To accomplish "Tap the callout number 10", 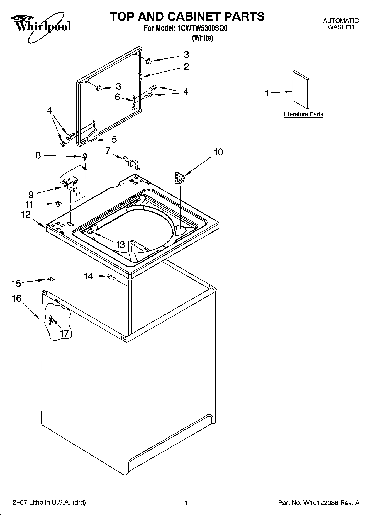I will pyautogui.click(x=218, y=152).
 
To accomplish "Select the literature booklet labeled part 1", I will pyautogui.click(x=301, y=89).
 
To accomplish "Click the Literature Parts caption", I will pyautogui.click(x=303, y=114).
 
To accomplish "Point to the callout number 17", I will pyautogui.click(x=64, y=333).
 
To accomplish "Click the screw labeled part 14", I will pyautogui.click(x=111, y=277).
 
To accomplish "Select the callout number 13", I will pyautogui.click(x=120, y=245).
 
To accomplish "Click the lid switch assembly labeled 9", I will pyautogui.click(x=72, y=184).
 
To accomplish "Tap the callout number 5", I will pyautogui.click(x=114, y=140).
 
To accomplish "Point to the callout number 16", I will pyautogui.click(x=17, y=298).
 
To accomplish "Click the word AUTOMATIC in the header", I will pyautogui.click(x=341, y=21).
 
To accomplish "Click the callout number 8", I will pyautogui.click(x=38, y=155).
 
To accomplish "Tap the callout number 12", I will pyautogui.click(x=26, y=214).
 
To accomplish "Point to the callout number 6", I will pyautogui.click(x=117, y=97).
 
